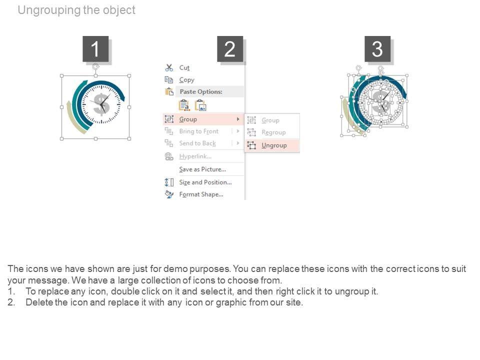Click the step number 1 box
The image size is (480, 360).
pos(95,48)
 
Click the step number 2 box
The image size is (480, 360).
pos(230,48)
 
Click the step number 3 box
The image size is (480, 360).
pos(377,48)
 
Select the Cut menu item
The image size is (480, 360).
pos(184,67)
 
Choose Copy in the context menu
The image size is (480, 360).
pos(186,80)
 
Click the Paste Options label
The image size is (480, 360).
pos(201,91)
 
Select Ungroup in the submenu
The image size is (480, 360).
pos(274,145)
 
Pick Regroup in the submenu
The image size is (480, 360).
pos(273,132)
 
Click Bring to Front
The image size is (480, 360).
pos(198,131)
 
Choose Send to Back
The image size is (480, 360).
pos(197,143)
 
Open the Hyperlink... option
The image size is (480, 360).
pos(195,156)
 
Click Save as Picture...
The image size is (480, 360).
pos(202,169)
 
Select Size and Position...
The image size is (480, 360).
pos(205,182)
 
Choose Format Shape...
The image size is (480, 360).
pos(201,194)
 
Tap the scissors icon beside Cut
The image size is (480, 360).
pos(169,67)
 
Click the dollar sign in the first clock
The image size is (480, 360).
pos(101,104)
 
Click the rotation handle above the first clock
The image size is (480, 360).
pos(95,66)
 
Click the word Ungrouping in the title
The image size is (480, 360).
pos(49,10)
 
